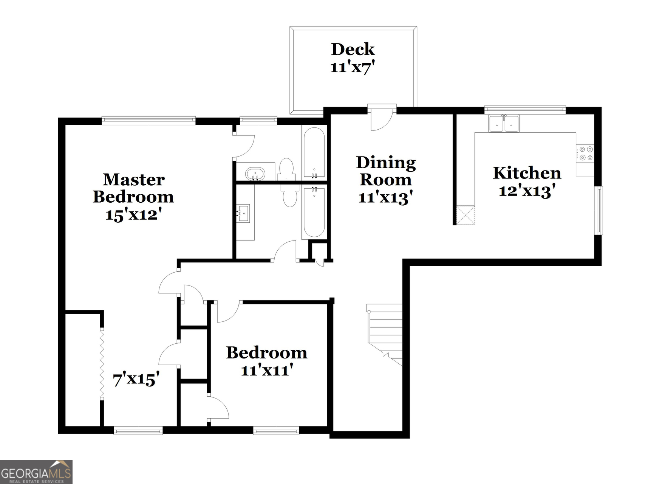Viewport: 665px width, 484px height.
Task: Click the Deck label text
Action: (x=353, y=49)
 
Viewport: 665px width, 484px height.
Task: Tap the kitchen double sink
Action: (x=504, y=124)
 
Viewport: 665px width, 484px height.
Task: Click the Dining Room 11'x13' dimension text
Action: (x=385, y=197)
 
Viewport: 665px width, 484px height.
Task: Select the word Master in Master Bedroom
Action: (x=133, y=180)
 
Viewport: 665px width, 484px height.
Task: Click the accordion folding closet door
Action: (x=102, y=363)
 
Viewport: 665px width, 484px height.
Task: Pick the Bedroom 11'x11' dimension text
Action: (x=267, y=370)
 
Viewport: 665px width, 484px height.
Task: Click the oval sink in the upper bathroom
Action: (x=255, y=174)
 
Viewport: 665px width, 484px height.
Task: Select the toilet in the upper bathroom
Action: (x=286, y=169)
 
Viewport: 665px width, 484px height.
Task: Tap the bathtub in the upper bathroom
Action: (x=314, y=153)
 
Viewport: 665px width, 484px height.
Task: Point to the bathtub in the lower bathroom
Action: (x=314, y=213)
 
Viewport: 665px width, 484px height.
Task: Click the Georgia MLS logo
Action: (x=36, y=472)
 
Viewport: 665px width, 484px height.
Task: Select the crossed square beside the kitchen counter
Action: (x=466, y=215)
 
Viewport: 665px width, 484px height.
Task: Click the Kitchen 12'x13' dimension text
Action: (x=527, y=191)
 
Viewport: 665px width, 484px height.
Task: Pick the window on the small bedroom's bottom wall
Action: (x=276, y=430)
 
